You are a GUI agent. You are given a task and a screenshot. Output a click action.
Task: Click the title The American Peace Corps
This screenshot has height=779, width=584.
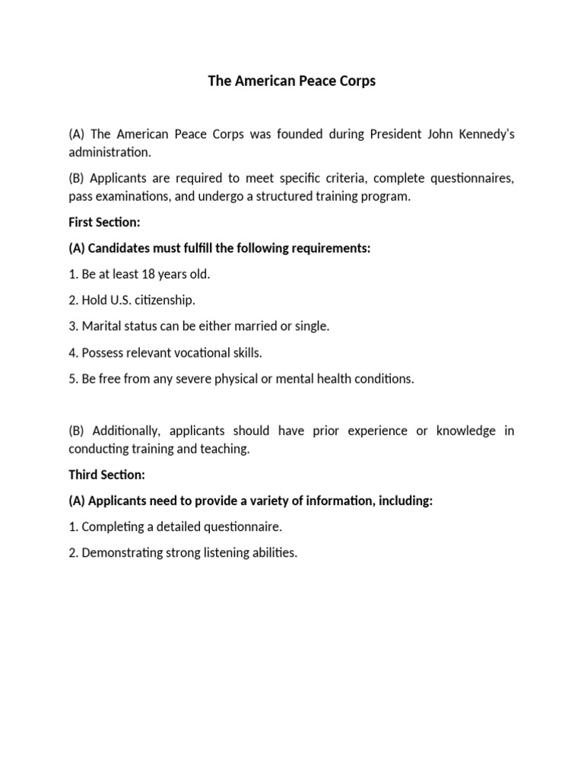292,81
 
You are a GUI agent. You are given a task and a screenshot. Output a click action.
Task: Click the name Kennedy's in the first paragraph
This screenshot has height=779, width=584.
484,134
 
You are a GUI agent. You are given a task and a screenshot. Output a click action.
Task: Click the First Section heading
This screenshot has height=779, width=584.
104,222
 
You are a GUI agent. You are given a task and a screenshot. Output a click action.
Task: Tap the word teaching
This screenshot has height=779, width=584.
223,449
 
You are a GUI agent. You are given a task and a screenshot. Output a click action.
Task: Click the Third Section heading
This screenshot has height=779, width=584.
106,475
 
